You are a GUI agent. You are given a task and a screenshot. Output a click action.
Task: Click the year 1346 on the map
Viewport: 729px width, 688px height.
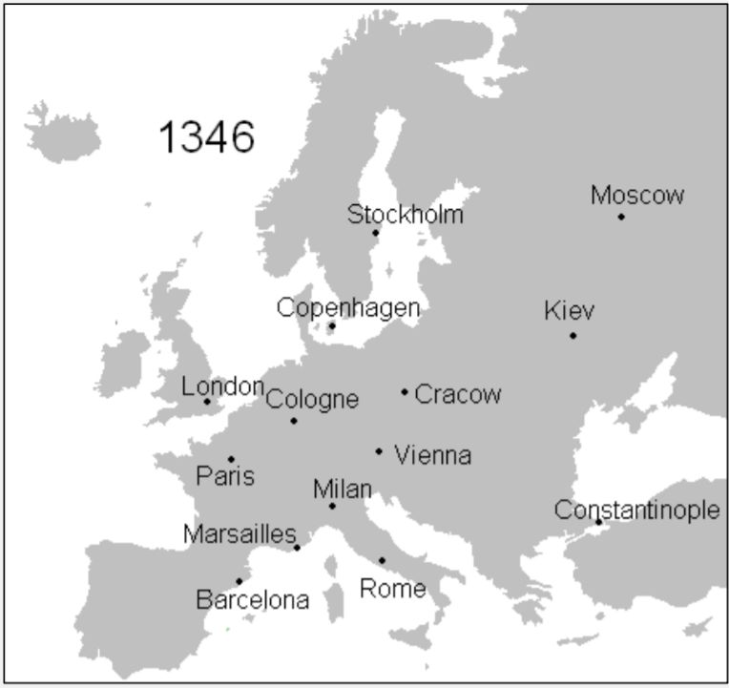click(x=206, y=137)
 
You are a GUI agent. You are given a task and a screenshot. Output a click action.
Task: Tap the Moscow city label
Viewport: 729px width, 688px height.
click(x=637, y=196)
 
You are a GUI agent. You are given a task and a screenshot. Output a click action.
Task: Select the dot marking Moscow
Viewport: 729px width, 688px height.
click(x=621, y=217)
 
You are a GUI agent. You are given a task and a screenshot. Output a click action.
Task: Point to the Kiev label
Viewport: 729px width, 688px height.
click(x=569, y=311)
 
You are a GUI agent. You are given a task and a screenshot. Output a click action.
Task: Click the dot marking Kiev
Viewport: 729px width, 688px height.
click(x=573, y=335)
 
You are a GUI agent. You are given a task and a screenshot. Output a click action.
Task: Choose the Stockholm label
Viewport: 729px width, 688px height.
click(x=405, y=215)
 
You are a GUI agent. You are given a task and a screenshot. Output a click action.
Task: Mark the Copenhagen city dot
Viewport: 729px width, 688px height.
click(x=332, y=326)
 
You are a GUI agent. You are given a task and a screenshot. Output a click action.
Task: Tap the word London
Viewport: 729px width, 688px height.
click(x=222, y=386)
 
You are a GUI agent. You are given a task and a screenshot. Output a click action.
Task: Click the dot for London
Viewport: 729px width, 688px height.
click(x=207, y=402)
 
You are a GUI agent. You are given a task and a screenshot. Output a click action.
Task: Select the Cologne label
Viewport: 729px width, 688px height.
click(x=312, y=399)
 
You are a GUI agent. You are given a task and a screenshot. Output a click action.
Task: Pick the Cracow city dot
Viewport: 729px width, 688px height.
click(x=405, y=391)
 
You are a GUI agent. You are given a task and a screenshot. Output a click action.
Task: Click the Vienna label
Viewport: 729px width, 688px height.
click(x=432, y=455)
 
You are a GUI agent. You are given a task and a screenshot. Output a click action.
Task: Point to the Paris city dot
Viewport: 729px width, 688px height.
click(x=231, y=459)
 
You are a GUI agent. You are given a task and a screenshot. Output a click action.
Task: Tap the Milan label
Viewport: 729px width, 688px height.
click(x=342, y=490)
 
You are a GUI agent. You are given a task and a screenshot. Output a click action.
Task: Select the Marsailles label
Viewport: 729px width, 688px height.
click(x=240, y=534)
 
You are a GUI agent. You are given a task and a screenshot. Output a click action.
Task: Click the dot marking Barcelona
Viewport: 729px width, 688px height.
click(x=239, y=580)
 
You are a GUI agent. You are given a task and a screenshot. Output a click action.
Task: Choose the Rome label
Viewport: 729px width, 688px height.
click(x=392, y=589)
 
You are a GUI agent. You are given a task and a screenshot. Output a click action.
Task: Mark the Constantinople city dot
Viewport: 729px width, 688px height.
click(x=598, y=522)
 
